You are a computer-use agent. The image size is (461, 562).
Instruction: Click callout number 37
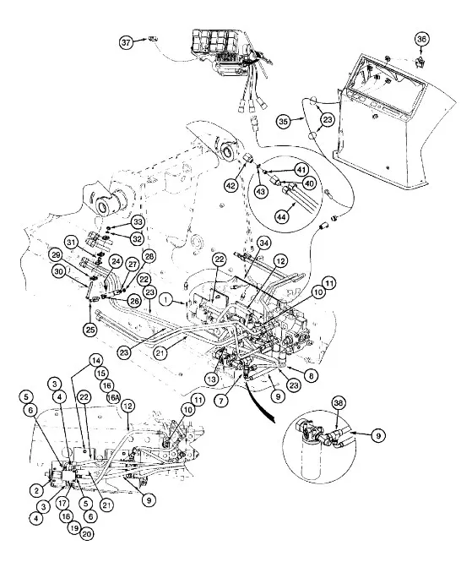pos(126,42)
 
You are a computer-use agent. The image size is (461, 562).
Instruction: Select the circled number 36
pos(421,39)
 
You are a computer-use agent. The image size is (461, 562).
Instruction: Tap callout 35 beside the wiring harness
pos(283,121)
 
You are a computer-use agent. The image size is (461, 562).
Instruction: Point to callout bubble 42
pos(231,185)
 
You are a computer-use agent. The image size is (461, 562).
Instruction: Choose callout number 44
pos(282,216)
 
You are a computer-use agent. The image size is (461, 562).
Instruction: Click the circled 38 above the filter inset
pos(339,403)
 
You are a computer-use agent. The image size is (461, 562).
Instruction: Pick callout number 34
pos(264,243)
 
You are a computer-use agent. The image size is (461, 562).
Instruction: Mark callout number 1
pos(165,299)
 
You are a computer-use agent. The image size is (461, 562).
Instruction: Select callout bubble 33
pos(138,222)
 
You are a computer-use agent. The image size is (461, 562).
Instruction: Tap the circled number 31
pos(72,243)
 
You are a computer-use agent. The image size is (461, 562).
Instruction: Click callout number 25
pos(89,329)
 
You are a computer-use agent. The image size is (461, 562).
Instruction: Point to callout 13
pos(212,379)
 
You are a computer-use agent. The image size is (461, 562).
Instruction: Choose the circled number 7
pos(221,401)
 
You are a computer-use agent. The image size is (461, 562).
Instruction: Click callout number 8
pos(311,375)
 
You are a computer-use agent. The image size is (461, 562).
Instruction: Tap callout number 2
pos(36,490)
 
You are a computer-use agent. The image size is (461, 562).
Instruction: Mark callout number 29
pos(57,255)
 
